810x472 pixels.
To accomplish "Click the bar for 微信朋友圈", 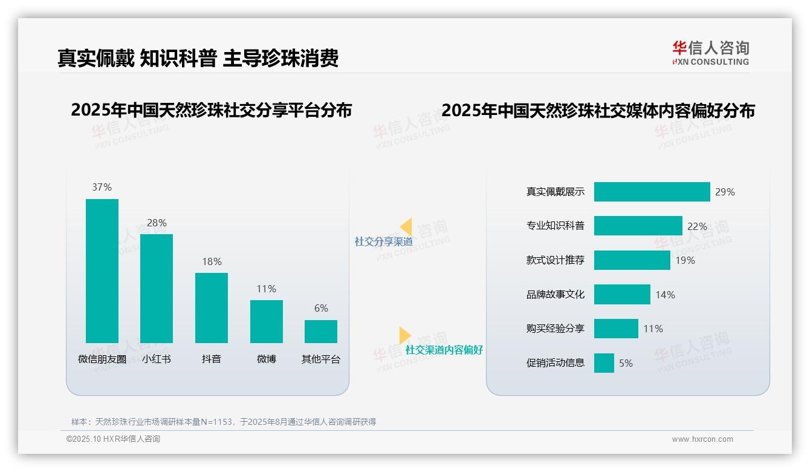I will (102, 270).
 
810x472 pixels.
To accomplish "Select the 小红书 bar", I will (157, 288).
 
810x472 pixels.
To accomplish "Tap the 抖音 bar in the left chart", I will (212, 307).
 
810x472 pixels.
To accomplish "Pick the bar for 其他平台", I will (321, 332).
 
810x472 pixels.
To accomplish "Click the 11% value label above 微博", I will (266, 289).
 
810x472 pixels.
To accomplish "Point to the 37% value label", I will (102, 188).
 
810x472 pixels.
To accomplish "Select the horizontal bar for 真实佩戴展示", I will (652, 192).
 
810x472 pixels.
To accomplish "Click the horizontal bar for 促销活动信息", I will (604, 363).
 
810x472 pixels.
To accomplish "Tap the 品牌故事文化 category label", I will (556, 295).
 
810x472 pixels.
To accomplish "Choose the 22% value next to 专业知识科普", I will (697, 226).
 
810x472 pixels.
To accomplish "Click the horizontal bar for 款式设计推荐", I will (632, 260).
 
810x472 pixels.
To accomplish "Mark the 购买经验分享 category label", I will (556, 329).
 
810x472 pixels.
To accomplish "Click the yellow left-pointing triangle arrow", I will (406, 226).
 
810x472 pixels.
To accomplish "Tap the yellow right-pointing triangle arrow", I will (404, 335).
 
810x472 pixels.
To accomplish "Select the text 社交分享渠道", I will (383, 242).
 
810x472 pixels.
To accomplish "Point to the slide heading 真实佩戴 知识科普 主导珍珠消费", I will (198, 58).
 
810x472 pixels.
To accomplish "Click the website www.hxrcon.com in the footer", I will (702, 439).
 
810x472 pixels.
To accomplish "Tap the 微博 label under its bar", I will (266, 359).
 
